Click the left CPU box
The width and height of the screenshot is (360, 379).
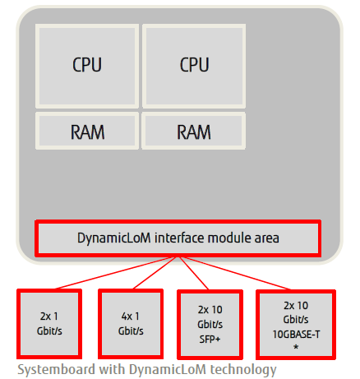(x=87, y=66)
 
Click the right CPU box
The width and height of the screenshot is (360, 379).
(x=194, y=66)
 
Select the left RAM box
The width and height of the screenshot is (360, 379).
(x=87, y=131)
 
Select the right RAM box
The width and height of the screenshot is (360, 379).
(x=193, y=131)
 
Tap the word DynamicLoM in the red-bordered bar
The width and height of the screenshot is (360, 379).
(x=114, y=238)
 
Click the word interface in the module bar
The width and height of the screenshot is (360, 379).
(x=179, y=238)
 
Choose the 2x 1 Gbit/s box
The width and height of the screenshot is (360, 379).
(x=49, y=324)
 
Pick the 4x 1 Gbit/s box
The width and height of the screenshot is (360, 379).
(x=131, y=324)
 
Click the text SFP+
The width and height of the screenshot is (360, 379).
(x=210, y=340)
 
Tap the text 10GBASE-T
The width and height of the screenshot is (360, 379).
(x=296, y=335)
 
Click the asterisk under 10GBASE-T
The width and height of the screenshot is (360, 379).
(x=296, y=347)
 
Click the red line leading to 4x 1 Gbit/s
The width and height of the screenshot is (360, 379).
(x=155, y=273)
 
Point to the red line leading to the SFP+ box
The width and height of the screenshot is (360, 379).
(x=193, y=273)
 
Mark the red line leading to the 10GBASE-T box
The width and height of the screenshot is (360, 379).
(x=237, y=273)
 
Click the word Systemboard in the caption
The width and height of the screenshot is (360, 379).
(x=56, y=370)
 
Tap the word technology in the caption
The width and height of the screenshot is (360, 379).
(x=243, y=370)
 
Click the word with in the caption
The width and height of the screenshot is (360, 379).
(x=112, y=369)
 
